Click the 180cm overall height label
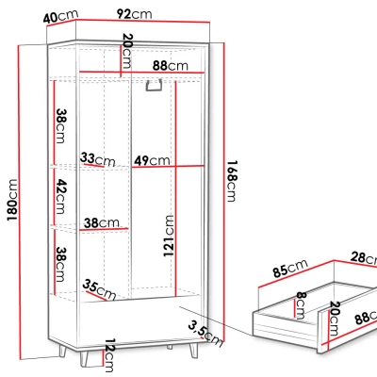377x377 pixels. coord(12,200)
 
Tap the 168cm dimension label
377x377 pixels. coord(232,181)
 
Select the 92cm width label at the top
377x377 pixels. coord(134,14)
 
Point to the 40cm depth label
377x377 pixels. coord(60,16)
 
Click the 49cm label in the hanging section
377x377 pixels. coord(152,160)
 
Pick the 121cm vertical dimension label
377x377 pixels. coord(169,236)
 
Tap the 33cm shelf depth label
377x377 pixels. coord(98,159)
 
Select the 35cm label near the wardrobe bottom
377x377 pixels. coord(99,290)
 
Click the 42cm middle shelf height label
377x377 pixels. coord(59,197)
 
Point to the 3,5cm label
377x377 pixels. coord(205,334)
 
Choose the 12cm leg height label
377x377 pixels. coord(109,355)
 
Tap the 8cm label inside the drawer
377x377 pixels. coord(301,305)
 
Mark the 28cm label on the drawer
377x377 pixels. coord(364,258)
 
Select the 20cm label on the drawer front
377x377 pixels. coord(335,319)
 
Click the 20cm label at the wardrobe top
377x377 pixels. coord(126,51)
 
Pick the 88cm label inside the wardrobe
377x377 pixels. coord(171,66)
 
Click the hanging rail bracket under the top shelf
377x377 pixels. coord(154,86)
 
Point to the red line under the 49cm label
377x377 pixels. coord(168,166)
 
